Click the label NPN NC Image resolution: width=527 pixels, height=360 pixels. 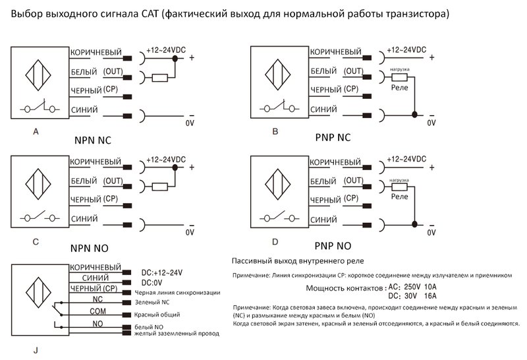coord(97,141)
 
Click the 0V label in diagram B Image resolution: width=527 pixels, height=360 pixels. coord(432,123)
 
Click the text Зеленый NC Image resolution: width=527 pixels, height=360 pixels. coord(152,302)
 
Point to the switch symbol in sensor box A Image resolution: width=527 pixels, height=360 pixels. coord(39,107)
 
